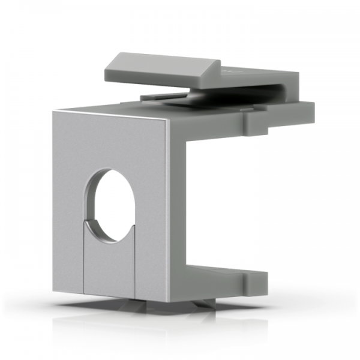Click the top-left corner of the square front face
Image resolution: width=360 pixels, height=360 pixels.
52,110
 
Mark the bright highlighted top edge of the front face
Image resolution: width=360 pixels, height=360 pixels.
114,113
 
